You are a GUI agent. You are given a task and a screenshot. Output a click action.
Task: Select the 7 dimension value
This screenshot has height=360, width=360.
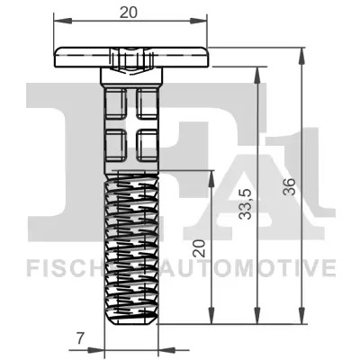[x=80, y=338]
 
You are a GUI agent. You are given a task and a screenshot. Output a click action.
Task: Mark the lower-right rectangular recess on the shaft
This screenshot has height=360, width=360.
[x=148, y=142]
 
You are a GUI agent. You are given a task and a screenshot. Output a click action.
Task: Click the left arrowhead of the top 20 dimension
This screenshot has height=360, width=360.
[x=59, y=23]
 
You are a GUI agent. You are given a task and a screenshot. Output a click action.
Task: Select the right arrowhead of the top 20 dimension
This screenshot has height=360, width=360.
[x=204, y=23]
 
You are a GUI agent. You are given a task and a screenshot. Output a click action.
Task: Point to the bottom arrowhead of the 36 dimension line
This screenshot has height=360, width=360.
[x=301, y=320]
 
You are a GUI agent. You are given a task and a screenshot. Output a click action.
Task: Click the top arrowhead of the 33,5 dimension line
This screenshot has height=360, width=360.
[x=259, y=79]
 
